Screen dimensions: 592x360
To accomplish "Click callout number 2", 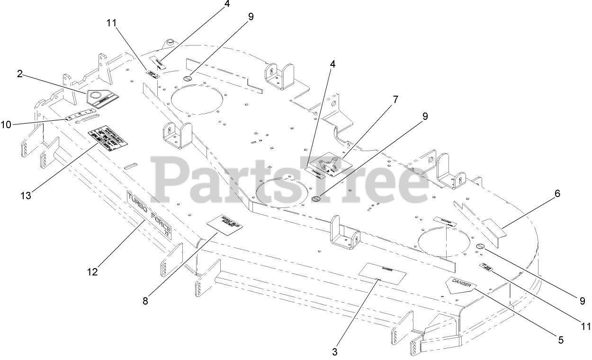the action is (x=20, y=73).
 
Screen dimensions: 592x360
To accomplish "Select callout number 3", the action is (x=335, y=352).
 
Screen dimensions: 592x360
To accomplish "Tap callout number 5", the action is (x=561, y=340).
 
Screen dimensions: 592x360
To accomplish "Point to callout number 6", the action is (x=557, y=193).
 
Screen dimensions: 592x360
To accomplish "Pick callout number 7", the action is (x=395, y=100).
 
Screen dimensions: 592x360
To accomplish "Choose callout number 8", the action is (x=145, y=300).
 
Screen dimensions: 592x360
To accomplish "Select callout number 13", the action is (x=26, y=195).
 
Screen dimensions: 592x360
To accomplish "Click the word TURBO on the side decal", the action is (x=138, y=203).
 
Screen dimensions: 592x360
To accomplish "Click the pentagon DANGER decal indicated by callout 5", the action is (x=460, y=285).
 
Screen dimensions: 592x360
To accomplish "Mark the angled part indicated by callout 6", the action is (x=488, y=234).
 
